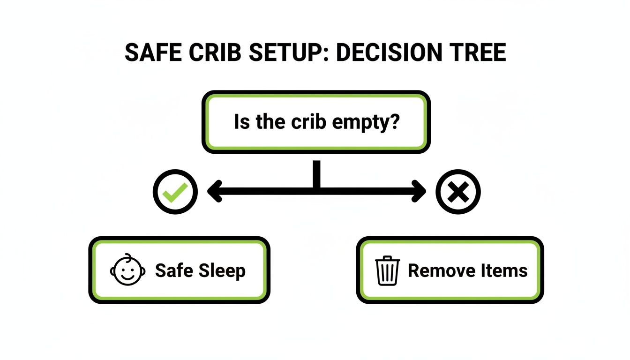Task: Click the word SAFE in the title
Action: click(151, 53)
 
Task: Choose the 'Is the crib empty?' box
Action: click(315, 122)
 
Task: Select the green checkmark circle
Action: click(175, 191)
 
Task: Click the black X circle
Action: click(458, 191)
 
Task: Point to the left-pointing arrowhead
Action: click(214, 191)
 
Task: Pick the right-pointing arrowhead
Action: click(419, 191)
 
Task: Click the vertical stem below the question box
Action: click(317, 174)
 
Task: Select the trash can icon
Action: click(388, 271)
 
